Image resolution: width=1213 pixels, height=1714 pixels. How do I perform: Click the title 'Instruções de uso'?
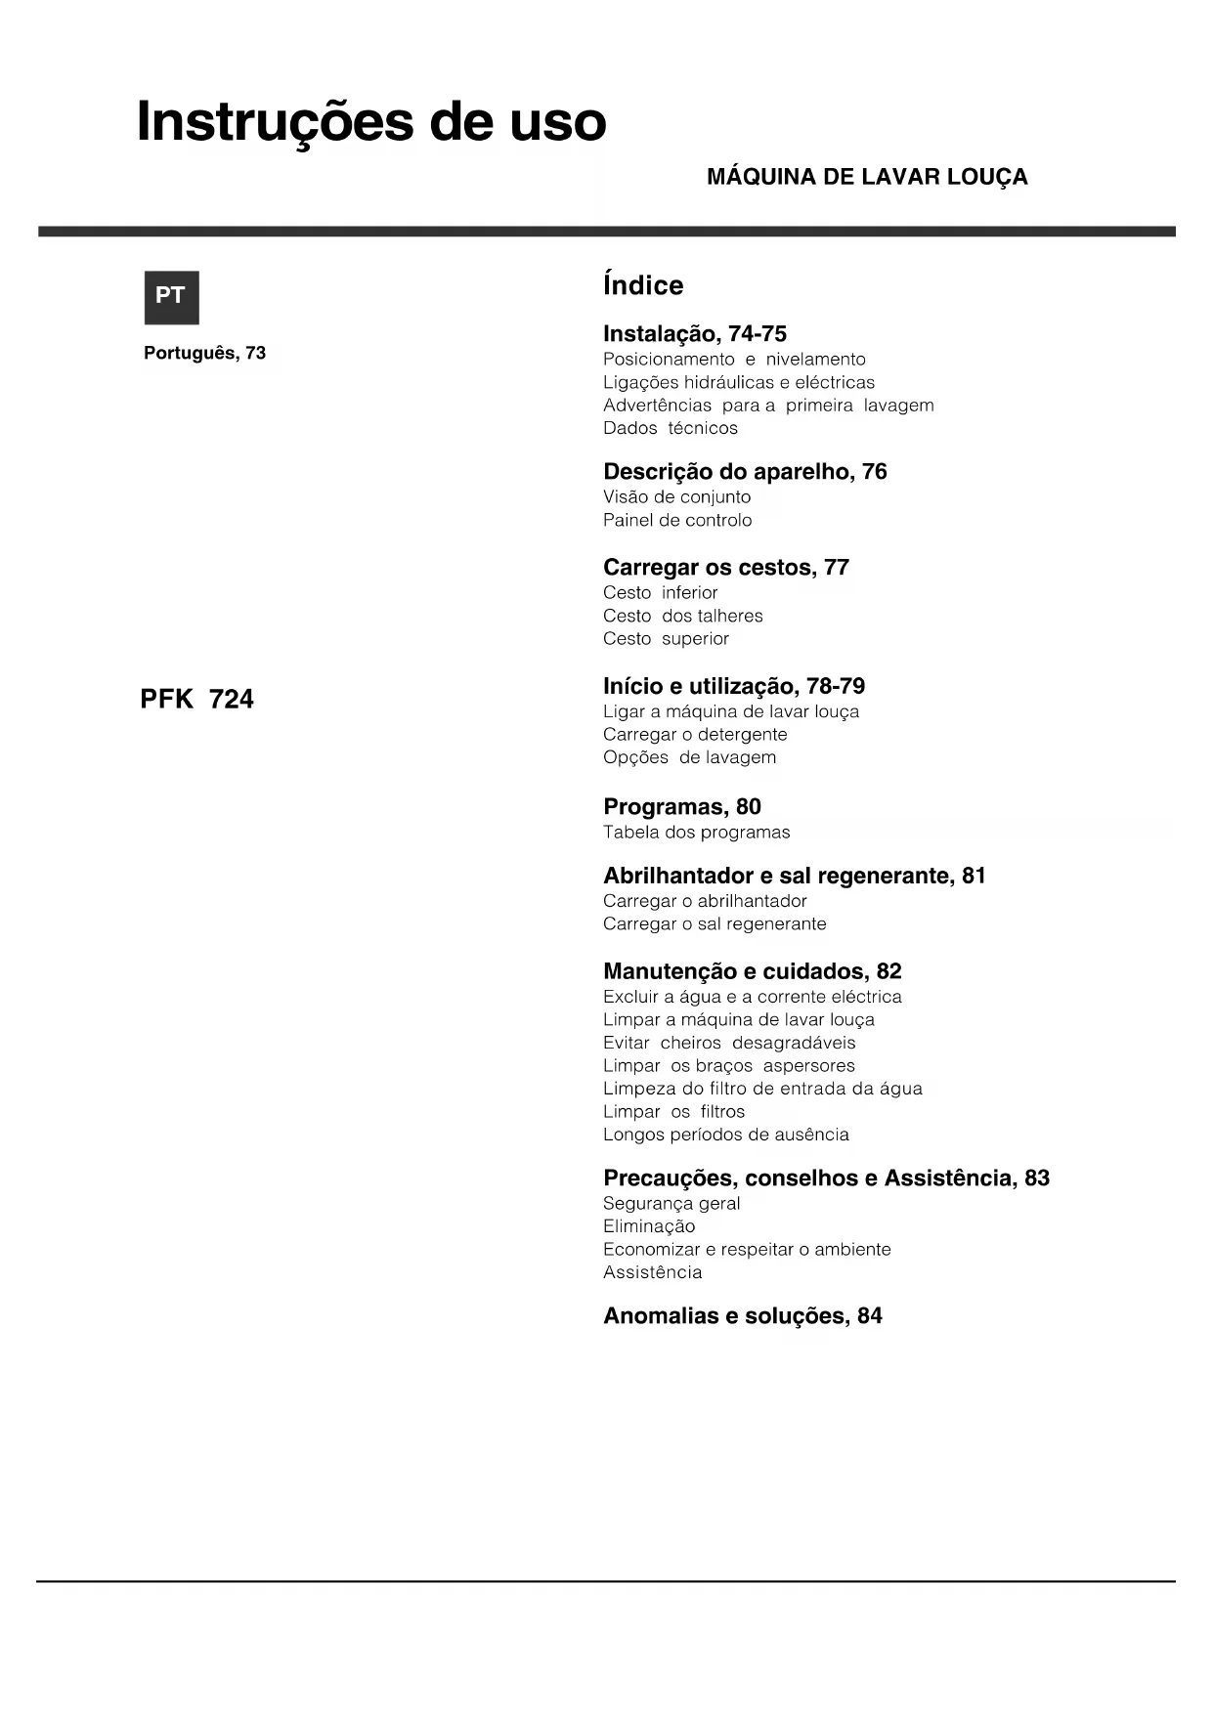point(371,122)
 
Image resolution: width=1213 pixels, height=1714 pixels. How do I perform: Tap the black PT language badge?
point(171,297)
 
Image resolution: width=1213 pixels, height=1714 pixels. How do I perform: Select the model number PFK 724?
point(196,700)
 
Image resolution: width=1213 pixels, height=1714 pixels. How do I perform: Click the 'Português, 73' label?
point(204,353)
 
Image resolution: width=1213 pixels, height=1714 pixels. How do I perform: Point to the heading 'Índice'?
point(643,285)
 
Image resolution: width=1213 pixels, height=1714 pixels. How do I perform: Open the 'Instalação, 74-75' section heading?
point(694,334)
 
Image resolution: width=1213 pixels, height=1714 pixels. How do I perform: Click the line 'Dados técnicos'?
point(670,428)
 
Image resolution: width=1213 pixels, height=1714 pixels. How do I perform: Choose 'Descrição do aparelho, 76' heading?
point(745,472)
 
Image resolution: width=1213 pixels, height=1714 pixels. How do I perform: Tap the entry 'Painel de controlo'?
point(677,520)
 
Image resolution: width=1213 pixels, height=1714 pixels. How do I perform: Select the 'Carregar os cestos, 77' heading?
point(726,568)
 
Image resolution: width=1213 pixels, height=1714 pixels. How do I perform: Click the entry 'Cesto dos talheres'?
point(682,616)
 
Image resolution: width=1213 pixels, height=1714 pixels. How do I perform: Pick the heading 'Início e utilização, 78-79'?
point(734,686)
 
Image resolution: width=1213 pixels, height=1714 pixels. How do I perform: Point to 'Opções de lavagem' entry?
point(689,757)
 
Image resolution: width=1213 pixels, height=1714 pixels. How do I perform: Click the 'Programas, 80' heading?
point(681,807)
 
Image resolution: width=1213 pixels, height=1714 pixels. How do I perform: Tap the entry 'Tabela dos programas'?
point(696,833)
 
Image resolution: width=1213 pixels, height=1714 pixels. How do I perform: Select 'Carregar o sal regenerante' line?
point(715,923)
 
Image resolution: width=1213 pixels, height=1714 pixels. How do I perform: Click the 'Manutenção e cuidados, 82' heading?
point(752,971)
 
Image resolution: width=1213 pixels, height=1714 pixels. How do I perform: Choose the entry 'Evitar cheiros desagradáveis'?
point(729,1043)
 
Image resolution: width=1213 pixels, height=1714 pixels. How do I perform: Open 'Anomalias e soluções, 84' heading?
point(742,1316)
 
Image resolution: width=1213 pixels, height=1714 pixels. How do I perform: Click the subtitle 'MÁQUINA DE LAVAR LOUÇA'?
point(867,177)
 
